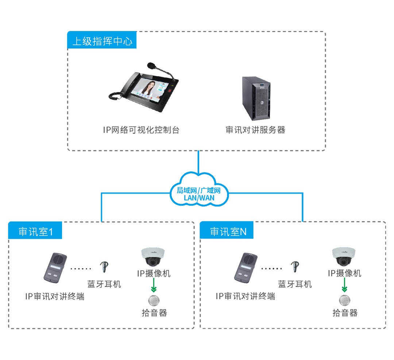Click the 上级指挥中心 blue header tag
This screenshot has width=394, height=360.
coord(102,41)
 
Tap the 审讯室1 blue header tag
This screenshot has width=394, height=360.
coord(35,231)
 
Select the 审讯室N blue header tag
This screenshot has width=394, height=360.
coord(227,231)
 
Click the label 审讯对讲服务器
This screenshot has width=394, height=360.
coord(255,129)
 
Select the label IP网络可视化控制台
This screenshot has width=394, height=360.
coord(141,129)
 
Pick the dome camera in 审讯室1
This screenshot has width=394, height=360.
coord(154,256)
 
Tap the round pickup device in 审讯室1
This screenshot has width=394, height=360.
coord(154,300)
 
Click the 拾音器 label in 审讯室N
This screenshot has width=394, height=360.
coord(345,313)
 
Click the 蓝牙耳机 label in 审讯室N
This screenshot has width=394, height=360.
coord(295,284)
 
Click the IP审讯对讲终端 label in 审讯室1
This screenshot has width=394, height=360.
coord(55,296)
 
